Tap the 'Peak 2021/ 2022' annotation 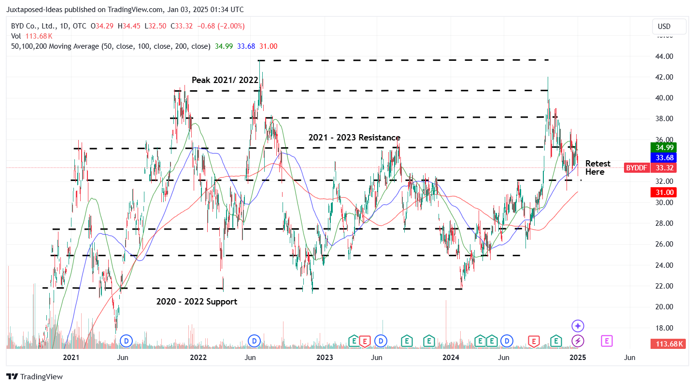tap(225, 80)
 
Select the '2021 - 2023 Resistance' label tap(354, 138)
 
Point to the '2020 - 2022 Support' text tap(197, 302)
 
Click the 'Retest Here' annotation tap(597, 167)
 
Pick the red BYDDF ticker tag tap(636, 168)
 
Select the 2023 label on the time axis tap(325, 358)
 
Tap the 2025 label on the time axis tap(578, 358)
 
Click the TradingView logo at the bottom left tap(34, 376)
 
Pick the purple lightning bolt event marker tap(578, 341)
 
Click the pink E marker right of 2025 tap(607, 341)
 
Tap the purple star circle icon tap(578, 326)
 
